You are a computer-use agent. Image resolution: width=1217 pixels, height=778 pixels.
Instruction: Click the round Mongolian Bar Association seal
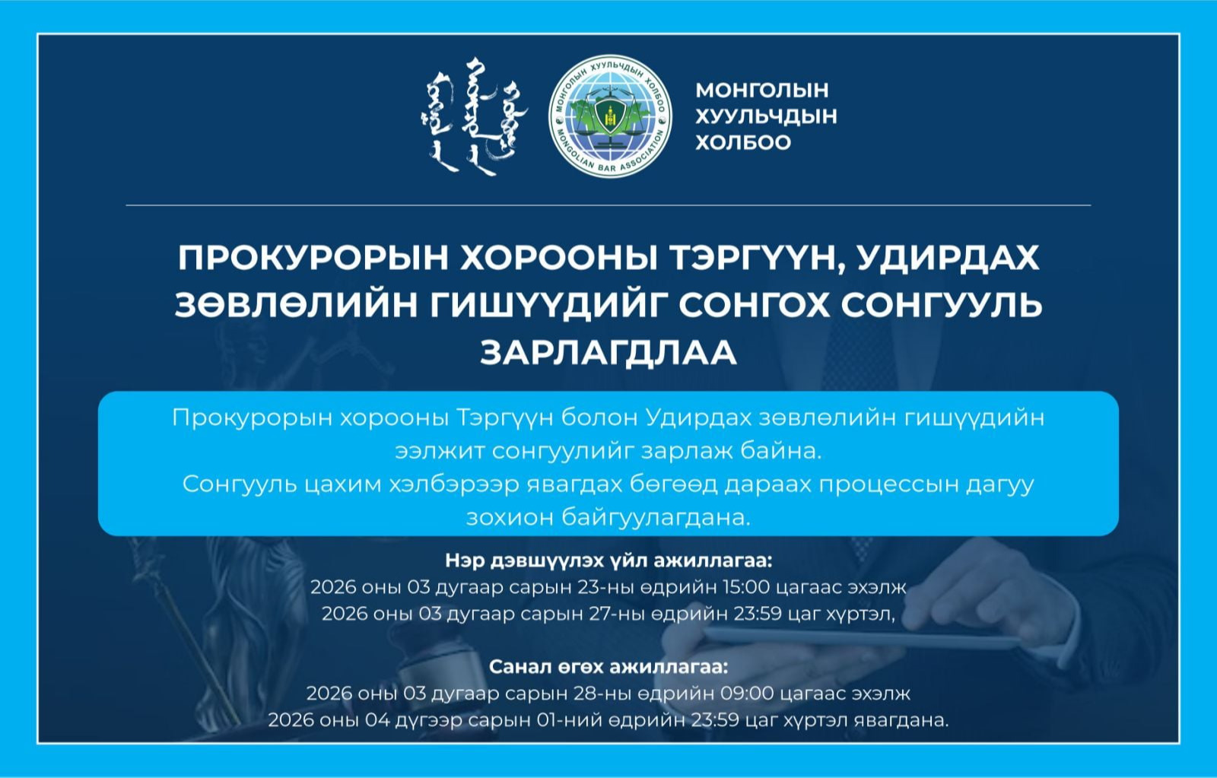click(610, 116)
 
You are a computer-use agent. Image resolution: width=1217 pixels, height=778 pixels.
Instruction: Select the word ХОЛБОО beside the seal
click(742, 142)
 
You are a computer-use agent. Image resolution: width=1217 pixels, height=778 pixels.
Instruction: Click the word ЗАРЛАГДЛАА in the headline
click(608, 352)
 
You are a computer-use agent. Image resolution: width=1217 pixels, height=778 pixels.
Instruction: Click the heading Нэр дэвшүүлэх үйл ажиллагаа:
click(608, 561)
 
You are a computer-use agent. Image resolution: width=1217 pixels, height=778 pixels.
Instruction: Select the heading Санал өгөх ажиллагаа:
click(608, 667)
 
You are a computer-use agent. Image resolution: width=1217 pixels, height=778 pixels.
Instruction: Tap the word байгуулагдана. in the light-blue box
click(656, 518)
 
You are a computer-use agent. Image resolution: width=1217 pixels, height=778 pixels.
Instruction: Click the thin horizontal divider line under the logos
click(608, 205)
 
